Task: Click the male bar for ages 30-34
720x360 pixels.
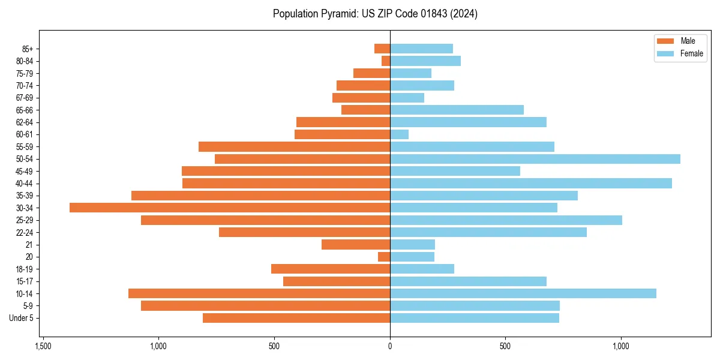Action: coord(230,208)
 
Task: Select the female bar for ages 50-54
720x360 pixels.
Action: coord(535,159)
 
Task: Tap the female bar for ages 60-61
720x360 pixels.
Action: coord(400,134)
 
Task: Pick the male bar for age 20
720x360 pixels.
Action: coord(384,257)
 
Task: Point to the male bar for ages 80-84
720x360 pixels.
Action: coord(386,61)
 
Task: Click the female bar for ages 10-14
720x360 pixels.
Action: coord(523,293)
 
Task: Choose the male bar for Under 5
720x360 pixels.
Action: coord(296,318)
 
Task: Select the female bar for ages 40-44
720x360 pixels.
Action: coord(531,183)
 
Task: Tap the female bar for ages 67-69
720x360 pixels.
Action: coord(407,98)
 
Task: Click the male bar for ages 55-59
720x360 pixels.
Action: coord(294,146)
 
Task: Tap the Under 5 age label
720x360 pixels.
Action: coord(22,318)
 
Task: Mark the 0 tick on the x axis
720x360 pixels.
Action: coord(390,346)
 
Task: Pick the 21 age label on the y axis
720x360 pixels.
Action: coord(29,245)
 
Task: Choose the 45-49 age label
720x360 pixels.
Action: coord(25,171)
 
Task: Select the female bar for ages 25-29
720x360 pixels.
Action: coord(506,220)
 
